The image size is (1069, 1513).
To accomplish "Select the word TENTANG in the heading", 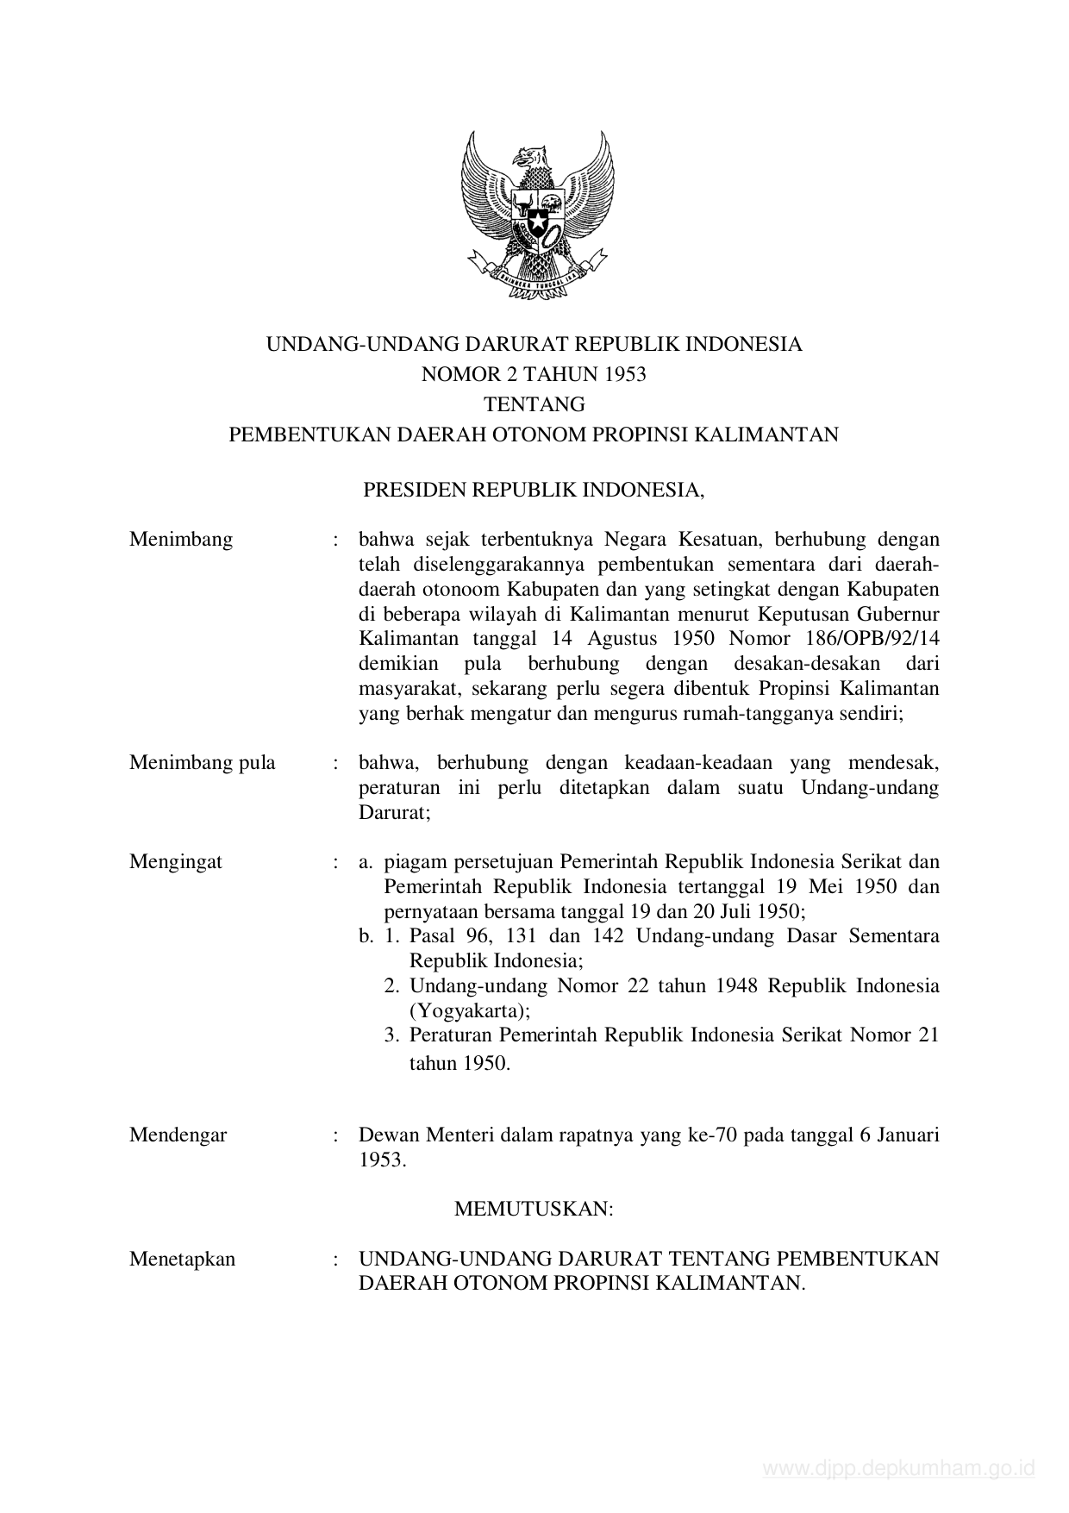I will (x=534, y=404).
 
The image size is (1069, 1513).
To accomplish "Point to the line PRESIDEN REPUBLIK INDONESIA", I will (x=534, y=491).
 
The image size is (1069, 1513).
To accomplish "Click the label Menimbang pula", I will (x=203, y=763).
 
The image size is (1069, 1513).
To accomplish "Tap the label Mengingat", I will (x=176, y=861).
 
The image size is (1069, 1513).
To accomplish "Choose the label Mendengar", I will (x=178, y=1135).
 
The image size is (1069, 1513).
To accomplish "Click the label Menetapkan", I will (x=183, y=1259).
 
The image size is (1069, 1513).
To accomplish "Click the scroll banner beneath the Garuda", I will (x=537, y=278).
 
